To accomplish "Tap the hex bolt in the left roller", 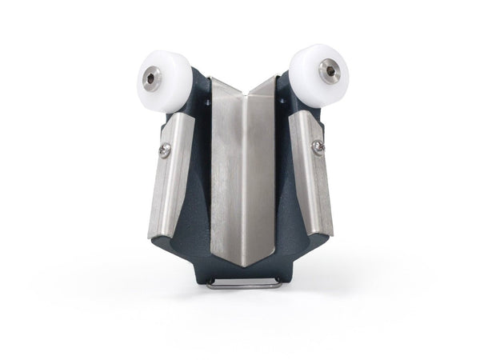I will click(x=152, y=78).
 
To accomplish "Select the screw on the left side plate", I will click(x=166, y=150).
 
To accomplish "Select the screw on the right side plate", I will click(x=318, y=146).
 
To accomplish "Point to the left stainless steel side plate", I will click(x=170, y=176).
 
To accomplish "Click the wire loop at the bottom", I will click(x=243, y=282).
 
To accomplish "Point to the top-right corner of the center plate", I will click(x=277, y=77).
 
